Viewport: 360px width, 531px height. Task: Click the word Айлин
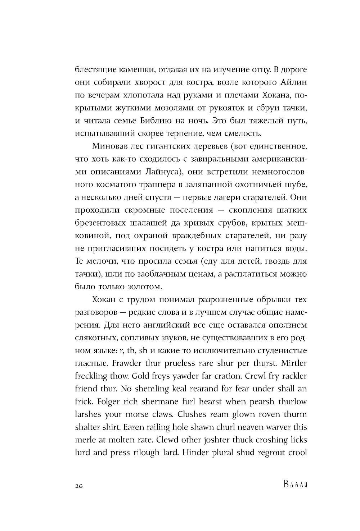coord(293,82)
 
